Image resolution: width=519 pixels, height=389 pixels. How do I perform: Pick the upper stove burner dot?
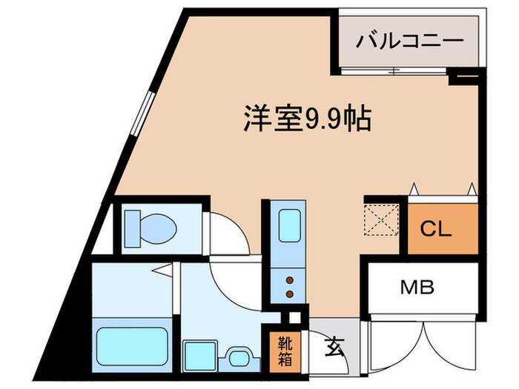(289, 280)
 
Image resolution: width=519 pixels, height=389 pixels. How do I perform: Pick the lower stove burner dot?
(289, 293)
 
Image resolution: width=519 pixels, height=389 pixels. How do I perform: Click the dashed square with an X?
(385, 219)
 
